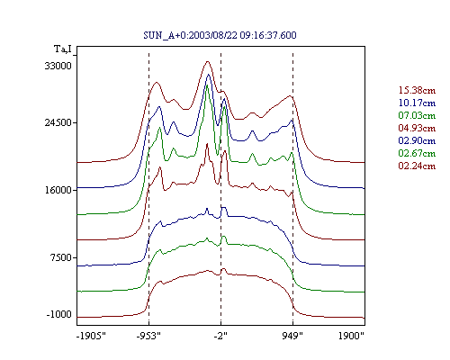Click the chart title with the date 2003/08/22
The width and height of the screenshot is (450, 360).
tap(220, 35)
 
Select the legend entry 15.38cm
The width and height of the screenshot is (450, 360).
tap(417, 90)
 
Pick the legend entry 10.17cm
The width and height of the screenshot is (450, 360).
tap(417, 103)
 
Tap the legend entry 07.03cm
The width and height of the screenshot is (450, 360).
tap(417, 115)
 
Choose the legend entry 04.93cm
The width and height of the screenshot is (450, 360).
tap(417, 128)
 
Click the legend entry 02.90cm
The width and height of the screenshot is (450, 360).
tap(417, 140)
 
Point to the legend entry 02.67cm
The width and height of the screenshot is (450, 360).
tap(417, 153)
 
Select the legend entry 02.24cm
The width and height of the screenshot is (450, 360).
tap(417, 166)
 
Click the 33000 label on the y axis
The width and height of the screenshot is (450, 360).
tap(58, 66)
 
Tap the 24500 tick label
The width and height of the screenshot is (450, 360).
tap(58, 122)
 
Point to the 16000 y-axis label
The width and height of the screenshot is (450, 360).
tap(58, 190)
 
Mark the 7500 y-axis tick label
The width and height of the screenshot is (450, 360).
tap(61, 257)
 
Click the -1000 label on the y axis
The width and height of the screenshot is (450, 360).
tap(59, 315)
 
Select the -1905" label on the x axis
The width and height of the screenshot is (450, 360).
tap(91, 336)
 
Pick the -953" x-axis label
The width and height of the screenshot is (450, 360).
tap(148, 336)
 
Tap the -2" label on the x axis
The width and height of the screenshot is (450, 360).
tap(220, 336)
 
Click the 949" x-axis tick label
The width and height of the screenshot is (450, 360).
tap(292, 336)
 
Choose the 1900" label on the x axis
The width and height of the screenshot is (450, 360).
tap(351, 336)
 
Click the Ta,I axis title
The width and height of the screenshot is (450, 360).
tap(63, 49)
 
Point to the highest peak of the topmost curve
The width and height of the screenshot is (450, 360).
tap(208, 61)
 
